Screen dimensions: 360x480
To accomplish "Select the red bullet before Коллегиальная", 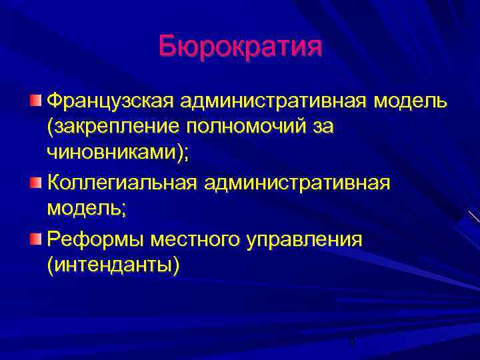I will click(35, 182).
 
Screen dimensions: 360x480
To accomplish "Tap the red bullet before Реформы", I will click(35, 239).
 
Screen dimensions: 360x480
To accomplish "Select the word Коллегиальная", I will click(121, 182).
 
